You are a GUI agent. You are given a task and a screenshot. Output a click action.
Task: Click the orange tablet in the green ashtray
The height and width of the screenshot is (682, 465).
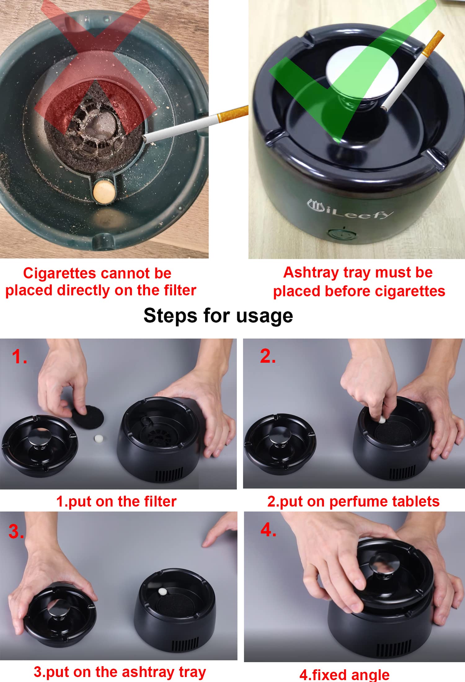[x=104, y=192]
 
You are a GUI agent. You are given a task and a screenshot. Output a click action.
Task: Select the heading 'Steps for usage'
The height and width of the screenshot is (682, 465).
[x=218, y=316]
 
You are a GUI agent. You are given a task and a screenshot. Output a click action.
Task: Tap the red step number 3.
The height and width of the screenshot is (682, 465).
[x=16, y=531]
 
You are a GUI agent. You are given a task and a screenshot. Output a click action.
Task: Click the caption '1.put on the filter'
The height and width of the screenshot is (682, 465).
[x=116, y=502]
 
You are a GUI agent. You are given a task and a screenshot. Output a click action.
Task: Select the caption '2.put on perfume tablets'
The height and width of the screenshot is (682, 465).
[x=353, y=502]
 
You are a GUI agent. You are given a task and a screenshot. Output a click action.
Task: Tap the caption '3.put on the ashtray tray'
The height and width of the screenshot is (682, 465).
[x=120, y=672]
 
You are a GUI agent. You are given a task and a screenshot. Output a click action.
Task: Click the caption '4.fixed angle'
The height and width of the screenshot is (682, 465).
[x=344, y=675]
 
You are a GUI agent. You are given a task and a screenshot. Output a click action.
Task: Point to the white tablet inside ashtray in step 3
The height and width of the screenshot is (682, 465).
[x=162, y=591]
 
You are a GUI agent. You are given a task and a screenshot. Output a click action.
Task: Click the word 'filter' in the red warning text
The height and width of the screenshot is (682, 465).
[x=180, y=290]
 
